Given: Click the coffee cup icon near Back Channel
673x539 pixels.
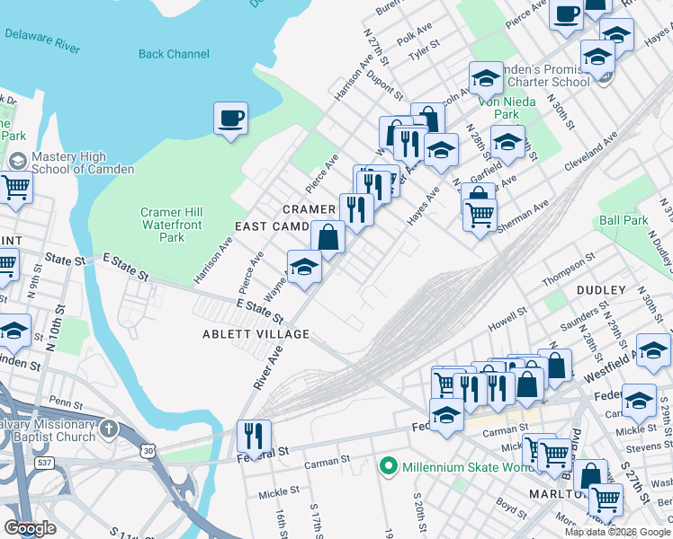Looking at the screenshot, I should [x=230, y=118].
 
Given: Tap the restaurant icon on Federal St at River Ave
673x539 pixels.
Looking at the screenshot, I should [x=254, y=437].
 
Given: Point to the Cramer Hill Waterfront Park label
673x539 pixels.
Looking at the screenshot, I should [x=171, y=225].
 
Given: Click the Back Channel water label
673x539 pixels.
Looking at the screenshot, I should [x=174, y=54].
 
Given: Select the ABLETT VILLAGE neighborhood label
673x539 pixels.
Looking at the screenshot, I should [x=256, y=334].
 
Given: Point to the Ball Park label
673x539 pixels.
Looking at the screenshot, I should [x=624, y=220].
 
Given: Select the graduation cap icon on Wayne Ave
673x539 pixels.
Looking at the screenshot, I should [x=304, y=267].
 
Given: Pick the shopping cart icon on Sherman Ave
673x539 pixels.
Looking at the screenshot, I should [x=480, y=214].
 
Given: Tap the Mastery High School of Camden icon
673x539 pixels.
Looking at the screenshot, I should [x=15, y=159].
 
